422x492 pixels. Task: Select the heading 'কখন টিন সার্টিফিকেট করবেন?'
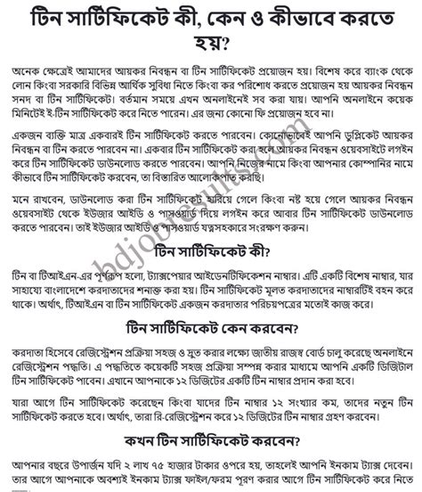tap(210, 438)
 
